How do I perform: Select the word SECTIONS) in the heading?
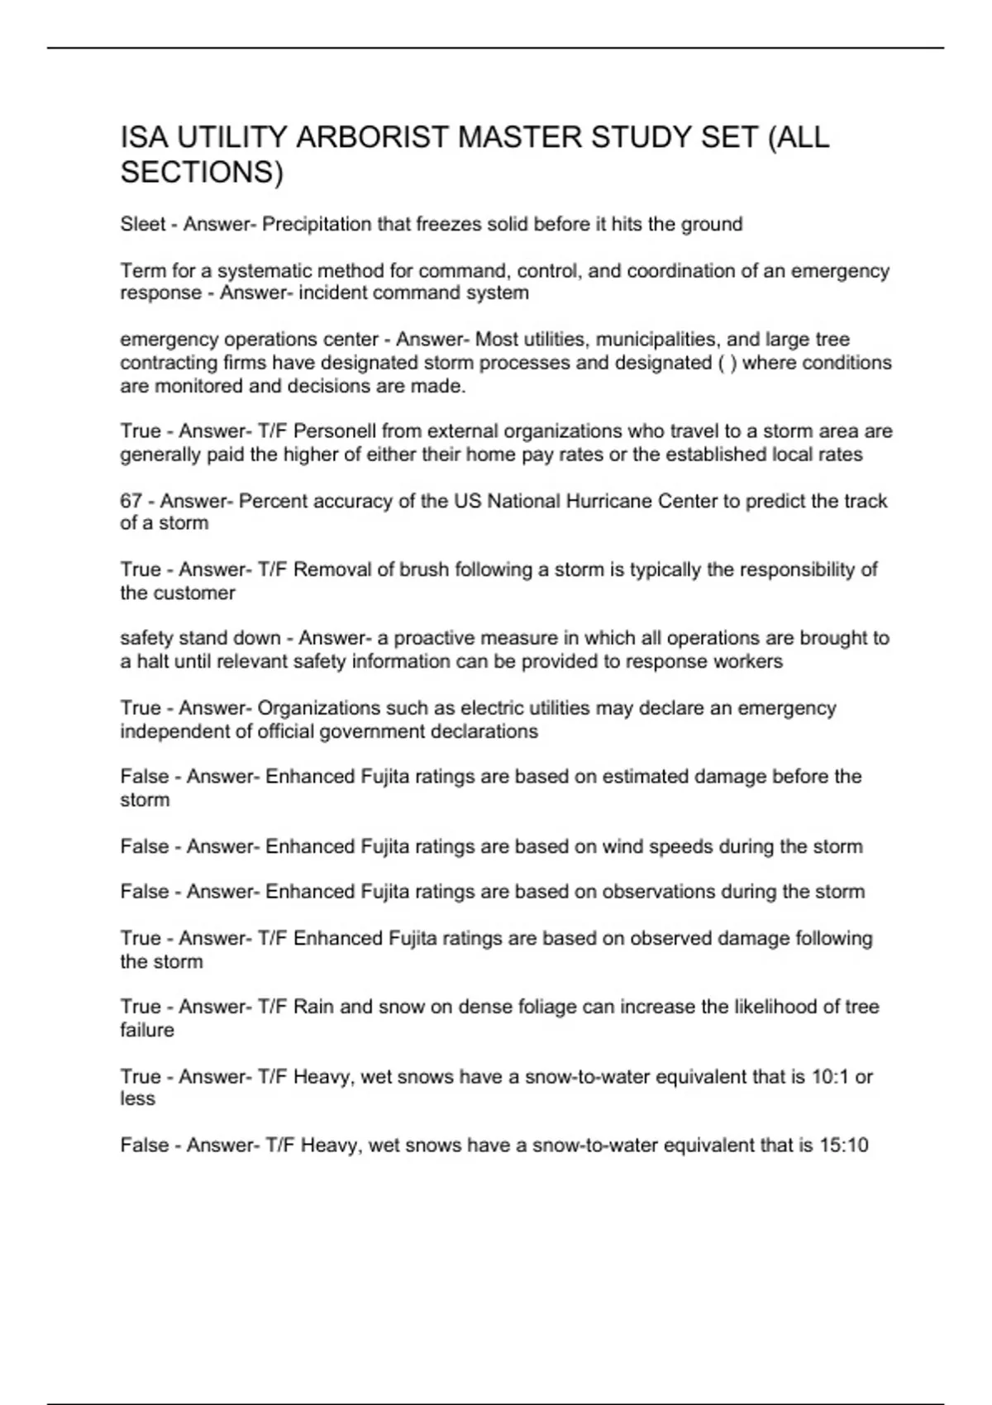tap(202, 173)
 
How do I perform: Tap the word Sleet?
tap(142, 224)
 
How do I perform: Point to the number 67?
tap(131, 501)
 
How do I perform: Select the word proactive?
tap(433, 638)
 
